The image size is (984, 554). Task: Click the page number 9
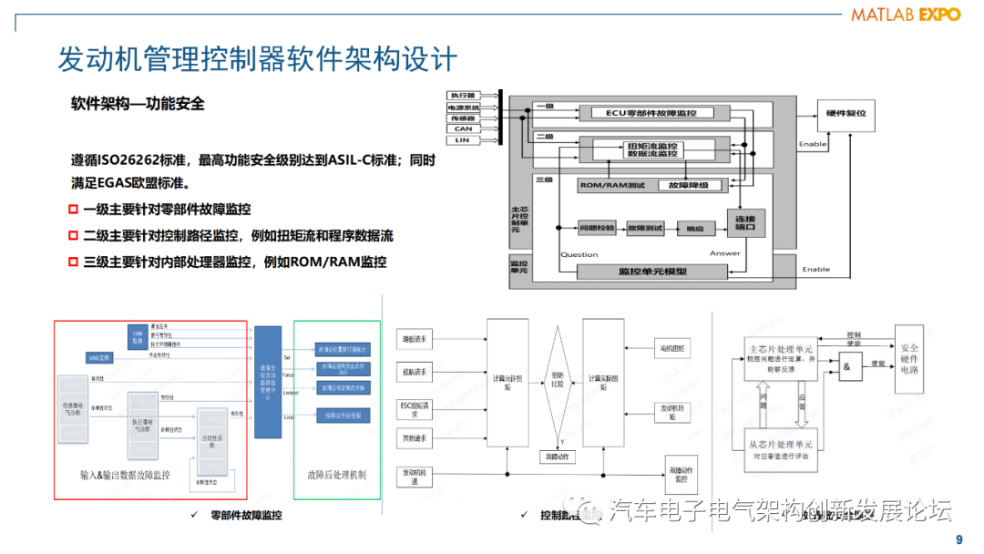coord(958,539)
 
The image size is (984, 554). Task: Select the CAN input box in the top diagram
coord(463,128)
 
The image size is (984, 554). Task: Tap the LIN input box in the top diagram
coord(463,139)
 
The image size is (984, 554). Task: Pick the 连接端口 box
coord(744,222)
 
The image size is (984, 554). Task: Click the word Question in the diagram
coord(579,254)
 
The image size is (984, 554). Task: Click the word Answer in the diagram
coord(725,253)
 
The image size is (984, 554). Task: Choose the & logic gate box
coord(849,366)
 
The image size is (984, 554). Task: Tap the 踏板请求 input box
coord(415,338)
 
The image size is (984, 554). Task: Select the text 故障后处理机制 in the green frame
coord(337,475)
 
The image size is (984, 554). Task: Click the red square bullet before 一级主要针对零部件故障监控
coord(74,210)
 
